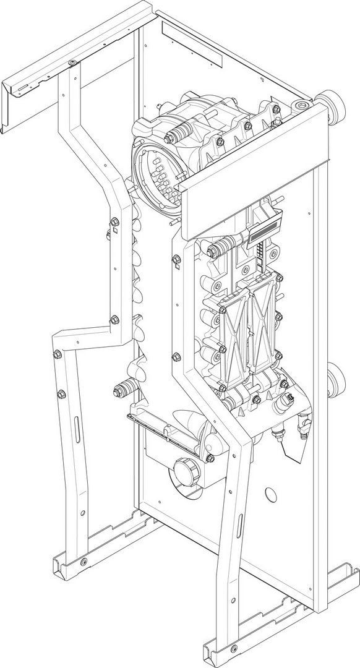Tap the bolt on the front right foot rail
233,649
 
